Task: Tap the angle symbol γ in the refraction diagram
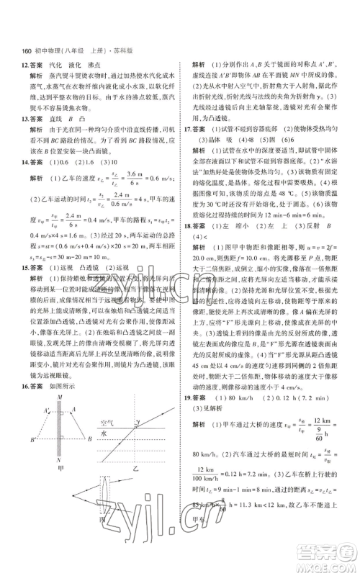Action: click(143, 423)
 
